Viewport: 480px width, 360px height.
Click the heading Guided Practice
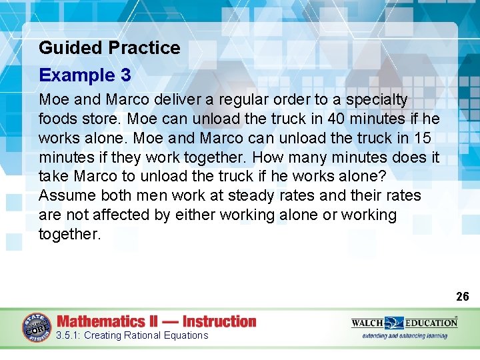click(109, 48)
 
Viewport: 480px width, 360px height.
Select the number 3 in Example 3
click(126, 75)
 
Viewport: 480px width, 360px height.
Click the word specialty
click(376, 100)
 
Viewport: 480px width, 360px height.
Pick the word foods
click(59, 119)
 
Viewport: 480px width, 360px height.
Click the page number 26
click(462, 296)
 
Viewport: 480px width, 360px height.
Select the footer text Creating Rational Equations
click(146, 335)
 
